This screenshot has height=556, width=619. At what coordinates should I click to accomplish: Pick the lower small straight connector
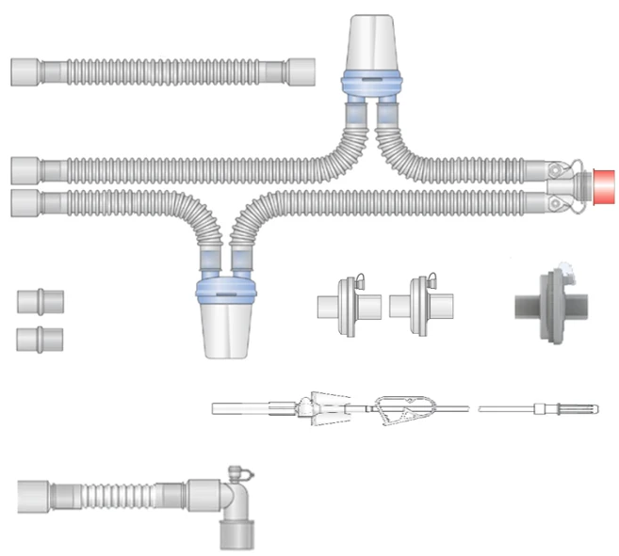pyautogui.click(x=41, y=338)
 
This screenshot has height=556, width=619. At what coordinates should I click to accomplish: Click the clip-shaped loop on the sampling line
pyautogui.click(x=401, y=408)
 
